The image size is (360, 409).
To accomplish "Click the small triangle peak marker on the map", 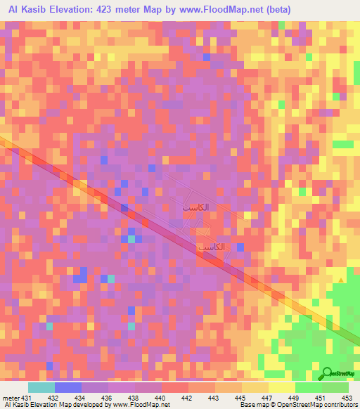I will (x=342, y=280).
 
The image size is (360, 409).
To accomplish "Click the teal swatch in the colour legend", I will (x=41, y=387).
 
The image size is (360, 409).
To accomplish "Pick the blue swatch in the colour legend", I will (x=68, y=387).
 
